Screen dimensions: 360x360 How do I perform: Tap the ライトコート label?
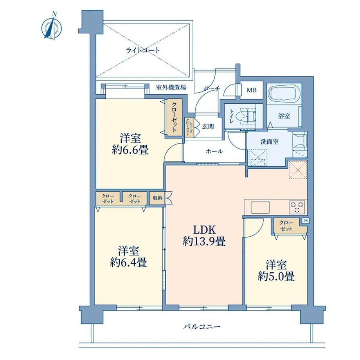(x=142, y=50)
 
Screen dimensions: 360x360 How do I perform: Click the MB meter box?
(x=251, y=90)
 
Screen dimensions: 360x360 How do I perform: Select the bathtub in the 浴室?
(x=284, y=93)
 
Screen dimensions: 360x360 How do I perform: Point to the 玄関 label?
(x=208, y=126)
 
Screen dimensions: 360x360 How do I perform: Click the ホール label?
(x=214, y=151)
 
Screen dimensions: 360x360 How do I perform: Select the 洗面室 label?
(x=270, y=142)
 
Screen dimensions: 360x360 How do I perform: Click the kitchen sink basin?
(x=260, y=207)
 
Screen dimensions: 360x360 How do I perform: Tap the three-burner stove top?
(x=297, y=207)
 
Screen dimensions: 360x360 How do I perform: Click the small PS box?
(x=305, y=221)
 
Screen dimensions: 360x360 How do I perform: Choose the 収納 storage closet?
(x=157, y=198)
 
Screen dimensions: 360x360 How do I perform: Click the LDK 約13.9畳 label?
(x=204, y=235)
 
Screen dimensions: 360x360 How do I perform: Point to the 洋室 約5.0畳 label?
(x=276, y=270)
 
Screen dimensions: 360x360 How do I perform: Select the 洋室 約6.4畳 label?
(x=129, y=257)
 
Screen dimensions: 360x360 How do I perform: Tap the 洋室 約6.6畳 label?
(x=130, y=144)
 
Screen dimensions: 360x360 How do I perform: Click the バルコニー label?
(x=202, y=326)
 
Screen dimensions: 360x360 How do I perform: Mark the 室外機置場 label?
(x=171, y=88)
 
